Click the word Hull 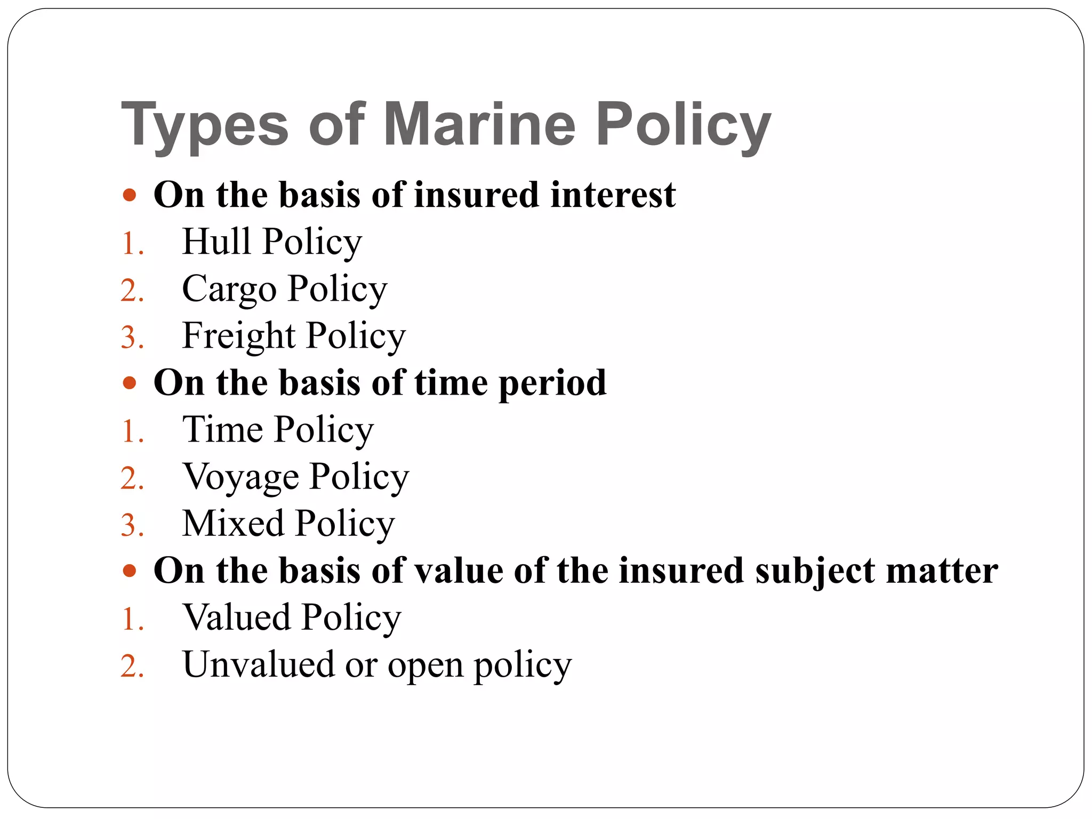click(x=216, y=241)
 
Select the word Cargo click(x=229, y=290)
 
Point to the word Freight click(x=238, y=336)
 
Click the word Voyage click(x=241, y=477)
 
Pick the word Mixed click(x=233, y=523)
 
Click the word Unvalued click(x=258, y=664)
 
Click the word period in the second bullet click(x=552, y=383)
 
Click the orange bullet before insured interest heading click(x=130, y=195)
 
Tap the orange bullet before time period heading click(x=130, y=383)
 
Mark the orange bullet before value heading click(x=130, y=571)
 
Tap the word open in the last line click(x=425, y=667)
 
